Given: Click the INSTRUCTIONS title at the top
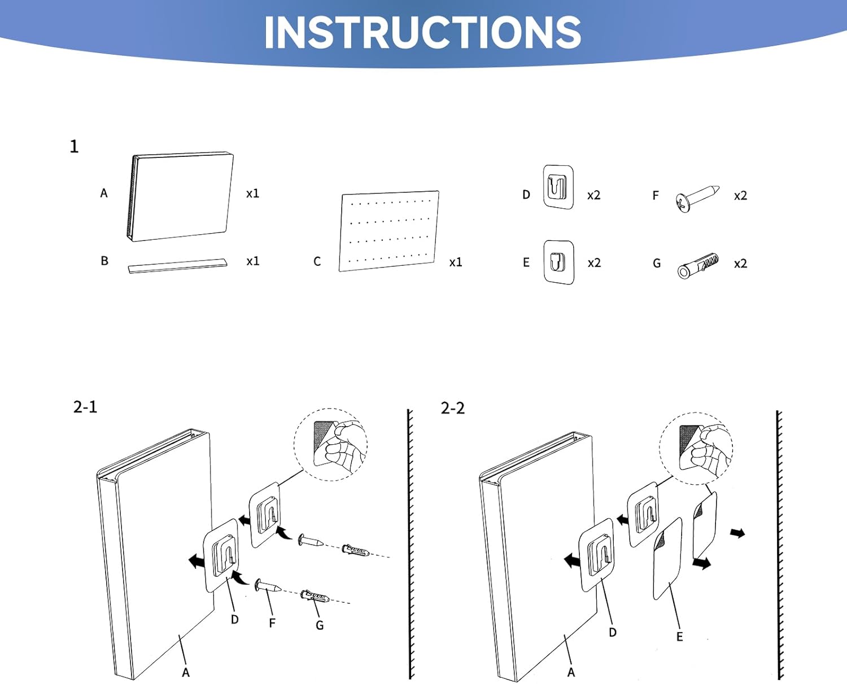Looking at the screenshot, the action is coord(422,32).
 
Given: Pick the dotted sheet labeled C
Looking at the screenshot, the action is coord(389,231).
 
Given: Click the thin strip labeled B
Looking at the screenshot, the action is coord(177,265).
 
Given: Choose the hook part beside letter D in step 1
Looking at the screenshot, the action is coord(558,187).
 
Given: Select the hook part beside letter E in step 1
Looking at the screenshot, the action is coord(558,262).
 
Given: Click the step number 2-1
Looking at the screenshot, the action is coord(85,407).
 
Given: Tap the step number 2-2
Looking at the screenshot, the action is coord(453,408).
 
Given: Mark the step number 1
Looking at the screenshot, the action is coord(74,147).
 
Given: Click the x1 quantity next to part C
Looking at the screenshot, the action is coord(456,262).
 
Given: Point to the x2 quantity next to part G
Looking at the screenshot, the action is coord(740,264).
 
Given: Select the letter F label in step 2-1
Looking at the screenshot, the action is coord(272,623).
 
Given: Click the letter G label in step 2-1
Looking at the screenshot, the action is coord(320,625).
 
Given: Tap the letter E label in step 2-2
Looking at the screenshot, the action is coord(679,637).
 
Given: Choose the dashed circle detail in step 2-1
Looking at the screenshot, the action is coord(330,445).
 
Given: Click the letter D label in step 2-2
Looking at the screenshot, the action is coord(613,633).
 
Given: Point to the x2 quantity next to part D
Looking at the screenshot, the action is coord(593,195).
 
